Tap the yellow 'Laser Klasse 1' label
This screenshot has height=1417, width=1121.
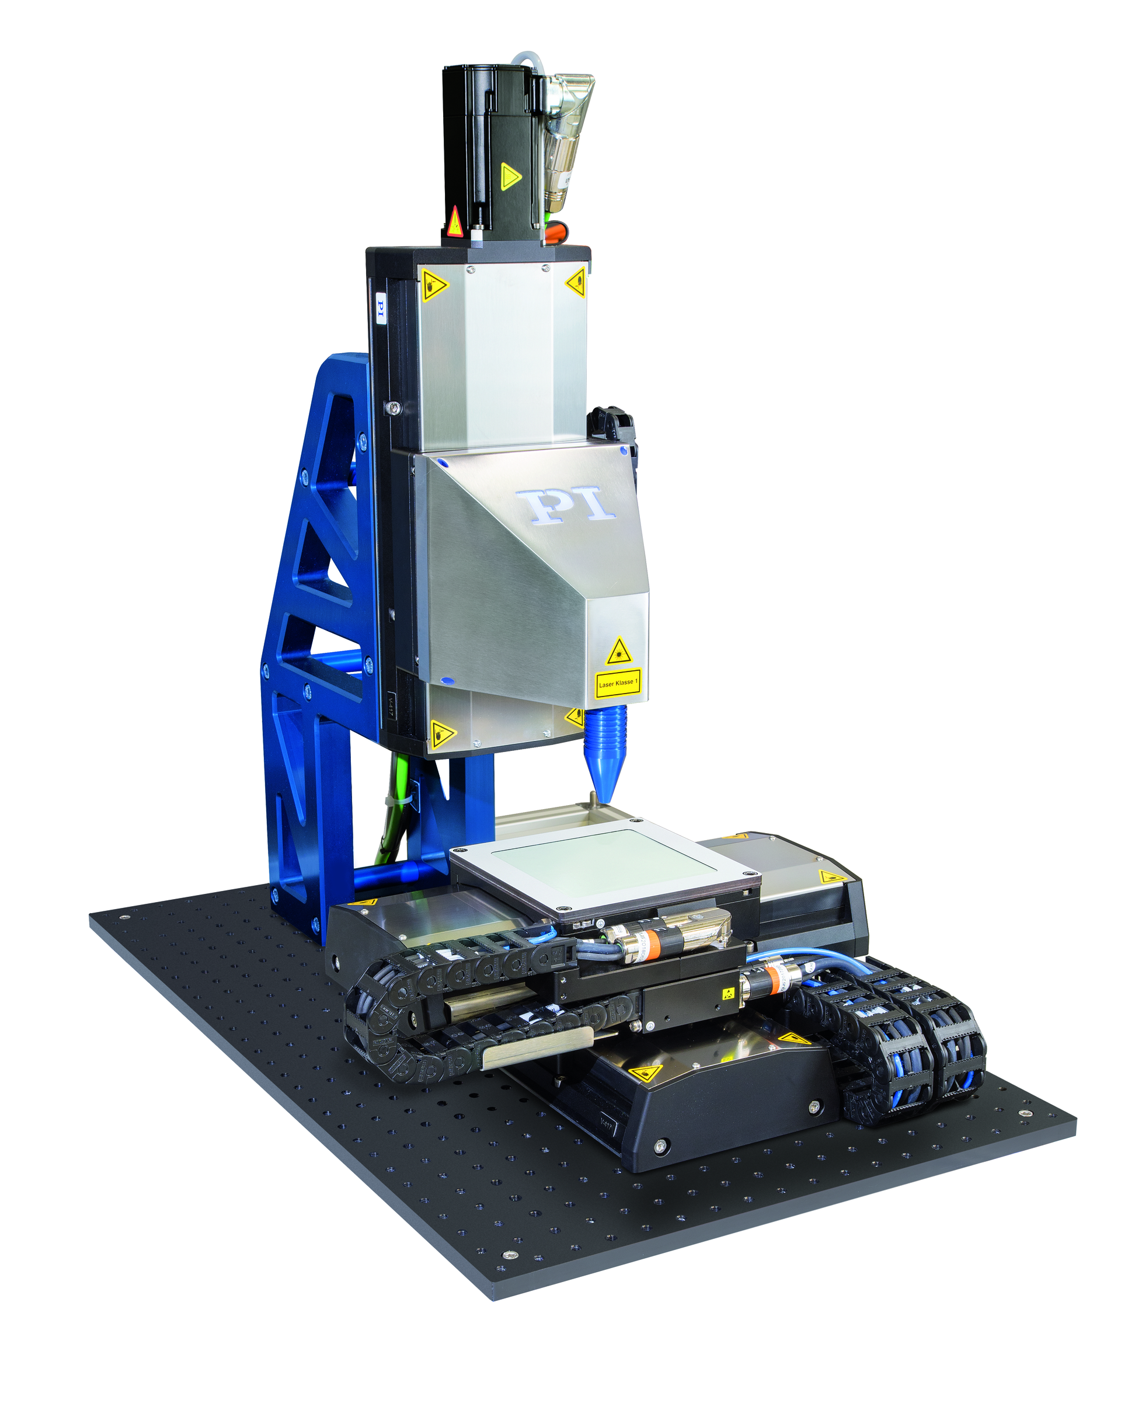618,683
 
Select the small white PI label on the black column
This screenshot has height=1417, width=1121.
380,308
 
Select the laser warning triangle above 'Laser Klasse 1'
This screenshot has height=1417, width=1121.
618,652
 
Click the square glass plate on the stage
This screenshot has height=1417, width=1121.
604,862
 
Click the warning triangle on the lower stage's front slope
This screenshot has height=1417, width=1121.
645,1074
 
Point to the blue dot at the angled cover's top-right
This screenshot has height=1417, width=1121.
622,451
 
